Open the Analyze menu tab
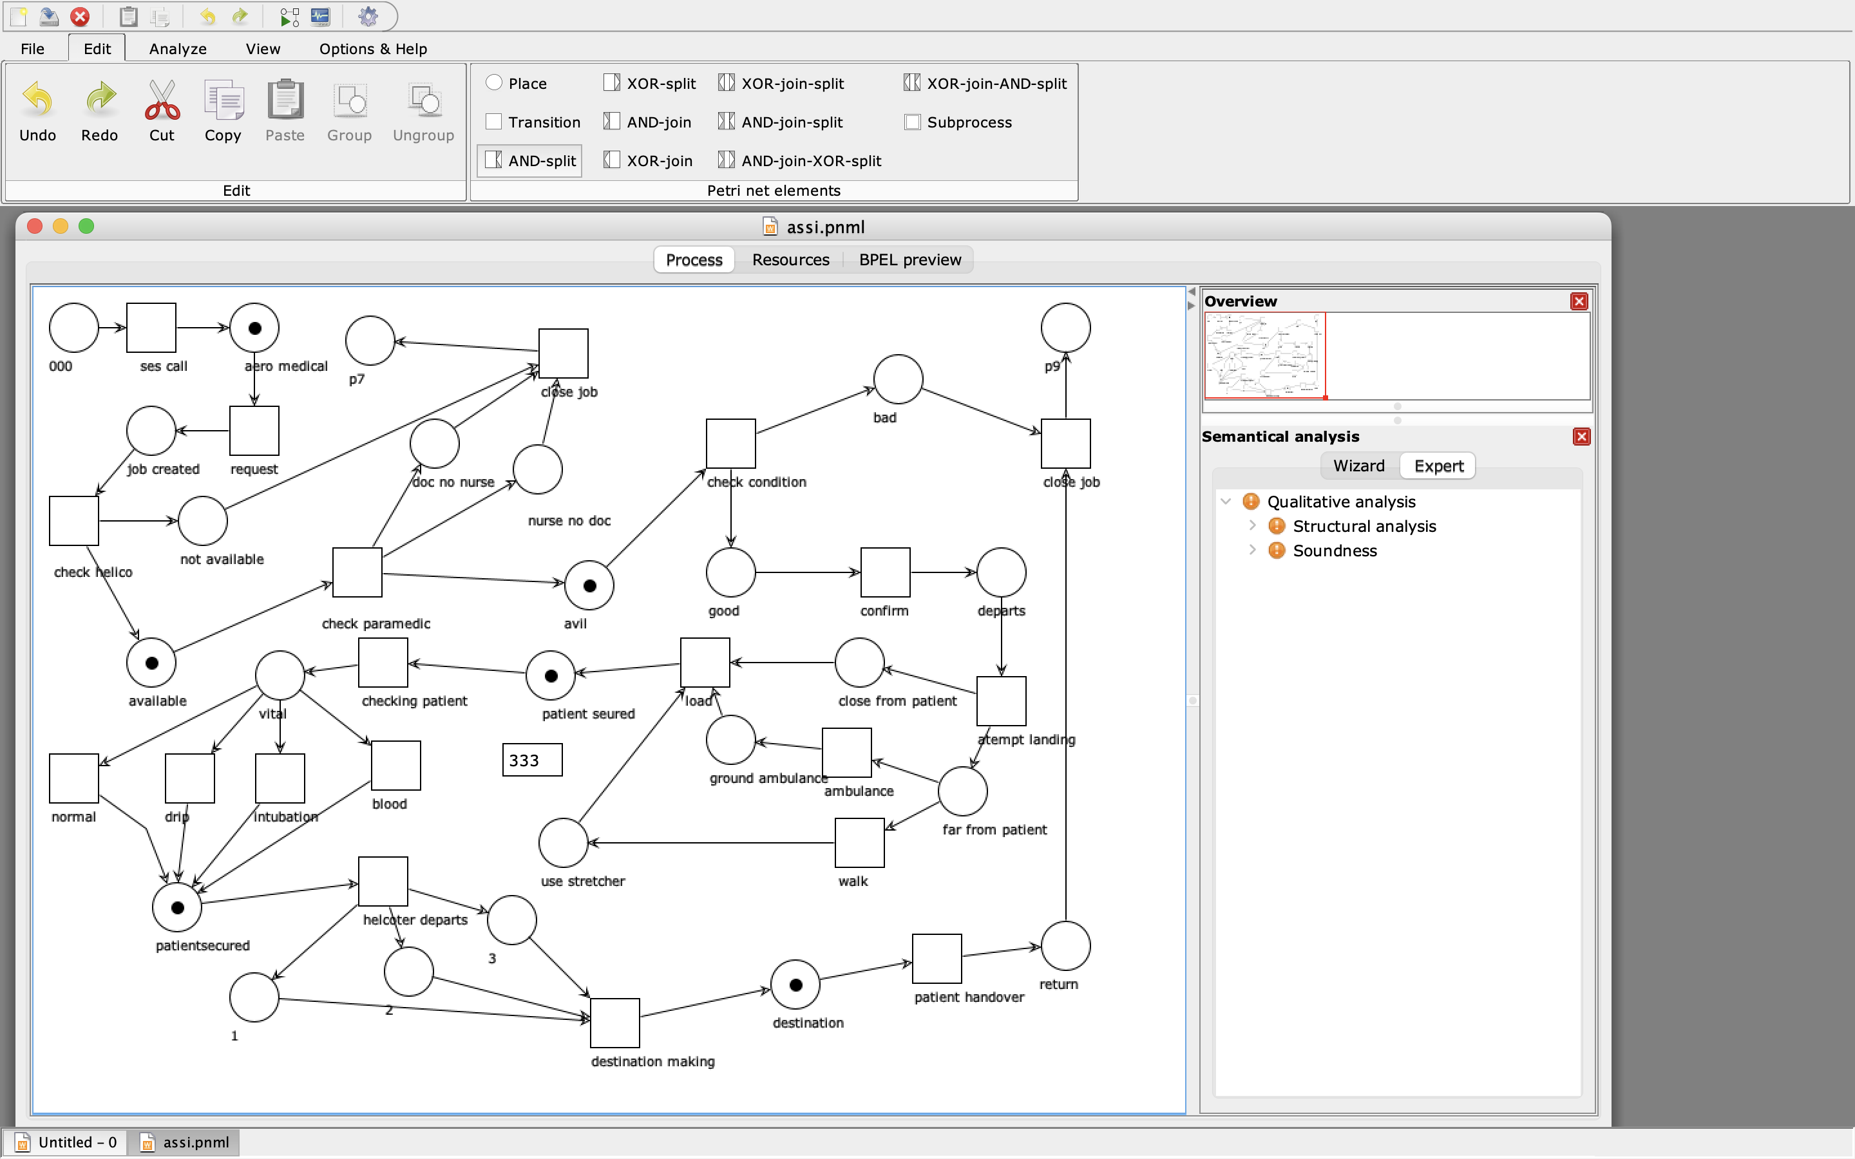(178, 49)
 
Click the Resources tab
(790, 260)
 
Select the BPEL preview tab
(910, 260)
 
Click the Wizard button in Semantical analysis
(1358, 466)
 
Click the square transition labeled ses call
(151, 328)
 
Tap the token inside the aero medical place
(254, 328)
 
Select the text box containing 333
(532, 760)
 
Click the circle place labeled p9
(1065, 328)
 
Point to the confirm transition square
(886, 572)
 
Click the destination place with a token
(795, 985)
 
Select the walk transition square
(859, 842)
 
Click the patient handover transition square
(937, 959)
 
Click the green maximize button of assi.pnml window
(86, 226)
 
